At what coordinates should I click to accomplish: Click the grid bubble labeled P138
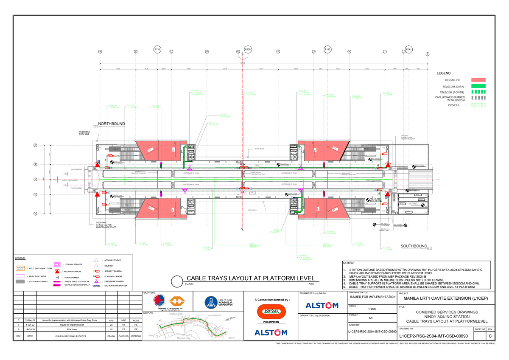click(x=157, y=50)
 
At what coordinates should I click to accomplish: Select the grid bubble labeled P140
click(x=327, y=50)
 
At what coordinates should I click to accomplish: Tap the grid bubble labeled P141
click(x=409, y=50)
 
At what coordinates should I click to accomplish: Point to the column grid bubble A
click(x=100, y=52)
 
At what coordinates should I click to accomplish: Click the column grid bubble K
click(x=428, y=54)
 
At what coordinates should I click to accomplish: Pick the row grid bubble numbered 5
click(x=36, y=146)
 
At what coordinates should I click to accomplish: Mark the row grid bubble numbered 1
click(x=36, y=214)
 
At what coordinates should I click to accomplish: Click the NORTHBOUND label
click(x=112, y=124)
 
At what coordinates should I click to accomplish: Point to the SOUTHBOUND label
click(x=414, y=246)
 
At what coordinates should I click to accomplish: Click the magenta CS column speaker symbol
click(x=57, y=264)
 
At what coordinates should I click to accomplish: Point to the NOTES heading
click(x=349, y=263)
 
